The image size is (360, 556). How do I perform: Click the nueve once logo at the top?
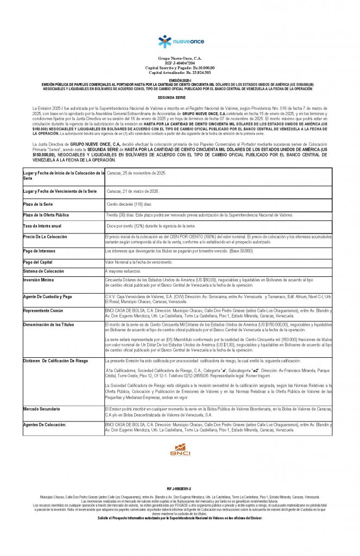(x=180, y=42)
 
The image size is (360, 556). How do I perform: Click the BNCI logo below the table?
(x=180, y=450)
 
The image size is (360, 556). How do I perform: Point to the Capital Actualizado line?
(x=180, y=72)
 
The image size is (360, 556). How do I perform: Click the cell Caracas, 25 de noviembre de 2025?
(x=136, y=173)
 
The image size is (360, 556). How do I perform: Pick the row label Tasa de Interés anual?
(x=42, y=225)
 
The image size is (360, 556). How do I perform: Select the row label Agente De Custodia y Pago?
(x=48, y=297)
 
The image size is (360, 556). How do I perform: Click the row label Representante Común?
(x=43, y=311)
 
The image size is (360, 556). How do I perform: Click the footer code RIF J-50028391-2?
(x=180, y=489)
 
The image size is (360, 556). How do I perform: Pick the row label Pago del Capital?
(x=38, y=262)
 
